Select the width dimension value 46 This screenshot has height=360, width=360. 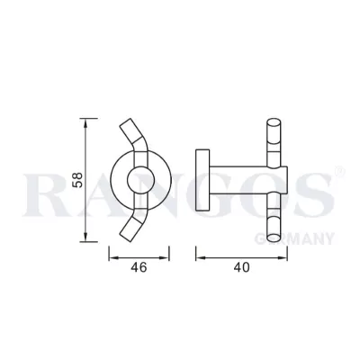coord(137,267)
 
